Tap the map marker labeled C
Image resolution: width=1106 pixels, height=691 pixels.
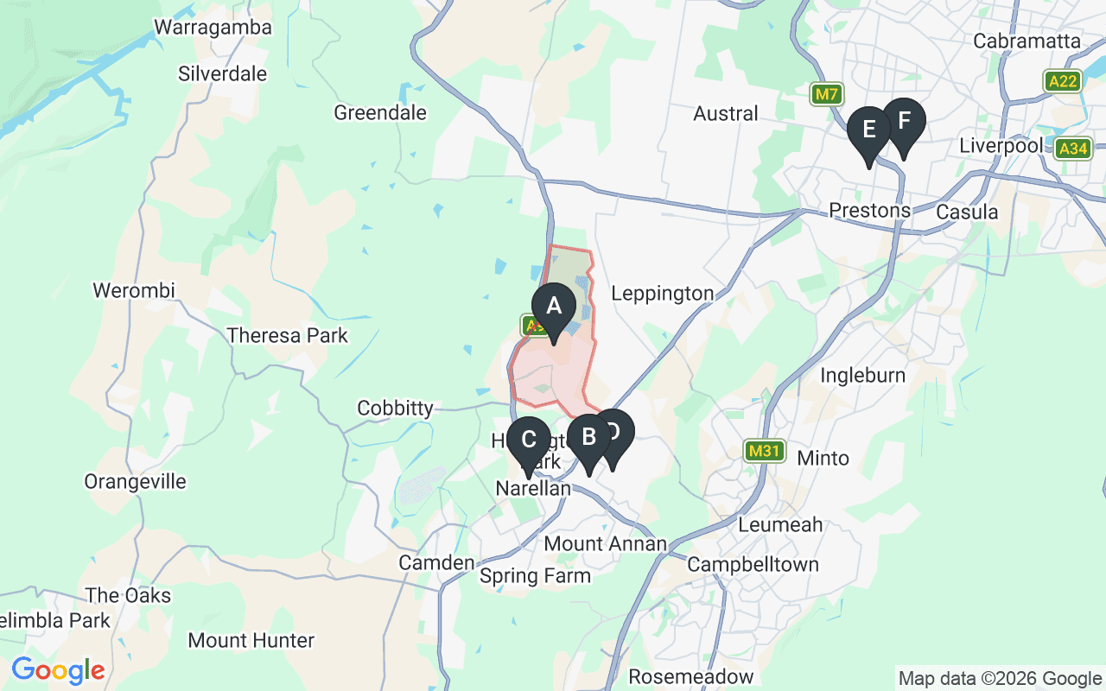coord(529,440)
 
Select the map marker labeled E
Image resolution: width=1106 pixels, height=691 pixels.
coord(868,130)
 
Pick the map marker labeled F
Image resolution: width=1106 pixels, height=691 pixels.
coord(903,121)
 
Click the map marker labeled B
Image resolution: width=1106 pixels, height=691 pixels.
coord(588,437)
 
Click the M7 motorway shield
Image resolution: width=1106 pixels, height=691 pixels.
coord(827,94)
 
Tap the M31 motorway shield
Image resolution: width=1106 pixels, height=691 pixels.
coord(765,450)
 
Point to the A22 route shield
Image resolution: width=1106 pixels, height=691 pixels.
coord(1063,81)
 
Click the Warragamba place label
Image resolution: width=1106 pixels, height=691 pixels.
coord(213,28)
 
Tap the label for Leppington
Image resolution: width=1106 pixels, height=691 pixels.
coord(663,294)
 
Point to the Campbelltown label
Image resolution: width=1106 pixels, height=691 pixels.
coord(753,565)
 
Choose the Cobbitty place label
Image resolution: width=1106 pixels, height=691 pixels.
coord(395,408)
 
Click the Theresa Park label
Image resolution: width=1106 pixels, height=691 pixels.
coord(287,336)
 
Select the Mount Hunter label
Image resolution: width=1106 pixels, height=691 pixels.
coord(251,641)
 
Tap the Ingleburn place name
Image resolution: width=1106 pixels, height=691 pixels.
coord(862,375)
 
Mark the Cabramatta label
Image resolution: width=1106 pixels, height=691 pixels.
coord(1027,41)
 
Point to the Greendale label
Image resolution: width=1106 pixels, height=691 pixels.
coord(380,113)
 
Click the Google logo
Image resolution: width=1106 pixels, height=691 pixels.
coord(58,670)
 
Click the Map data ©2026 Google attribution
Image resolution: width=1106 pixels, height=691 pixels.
coord(1000,679)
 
